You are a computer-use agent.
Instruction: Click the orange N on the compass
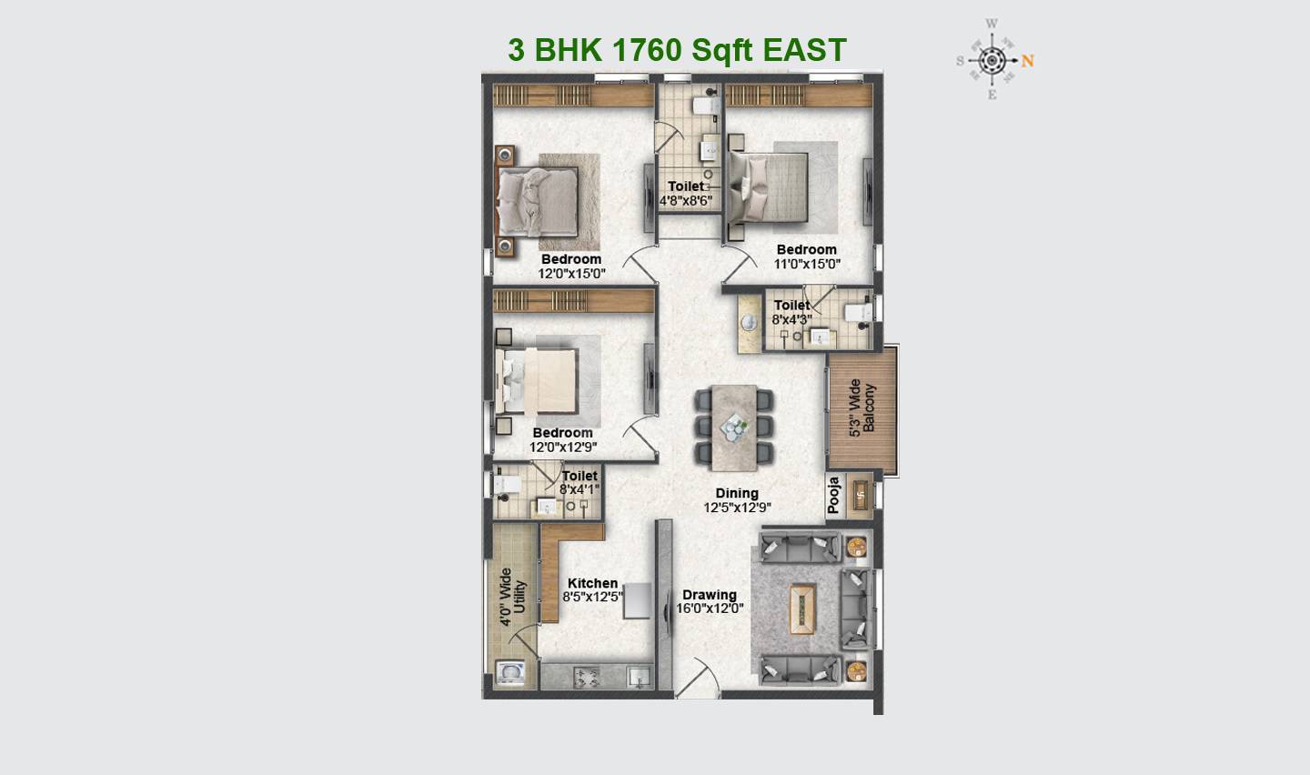pyautogui.click(x=1028, y=61)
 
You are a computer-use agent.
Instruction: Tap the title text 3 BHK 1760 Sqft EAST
pyautogui.click(x=677, y=50)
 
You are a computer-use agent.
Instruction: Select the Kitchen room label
pyautogui.click(x=592, y=583)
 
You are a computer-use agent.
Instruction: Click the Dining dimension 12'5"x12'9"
pyautogui.click(x=737, y=508)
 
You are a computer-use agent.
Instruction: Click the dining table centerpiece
pyautogui.click(x=733, y=425)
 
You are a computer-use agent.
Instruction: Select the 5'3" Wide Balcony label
pyautogui.click(x=862, y=408)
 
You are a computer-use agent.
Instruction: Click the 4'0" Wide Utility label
pyautogui.click(x=512, y=597)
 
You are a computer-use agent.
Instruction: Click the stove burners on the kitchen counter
pyautogui.click(x=584, y=676)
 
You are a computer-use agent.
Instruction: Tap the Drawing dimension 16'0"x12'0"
pyautogui.click(x=710, y=608)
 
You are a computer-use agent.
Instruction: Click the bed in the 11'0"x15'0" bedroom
pyautogui.click(x=769, y=186)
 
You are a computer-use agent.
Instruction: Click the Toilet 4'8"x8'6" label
pyautogui.click(x=686, y=194)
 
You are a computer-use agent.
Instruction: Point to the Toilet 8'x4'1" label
pyautogui.click(x=579, y=482)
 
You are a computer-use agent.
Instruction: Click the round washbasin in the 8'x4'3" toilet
pyautogui.click(x=750, y=324)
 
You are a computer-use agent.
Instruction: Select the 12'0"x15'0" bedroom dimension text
pyautogui.click(x=571, y=273)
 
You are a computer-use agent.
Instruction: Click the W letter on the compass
pyautogui.click(x=992, y=24)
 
